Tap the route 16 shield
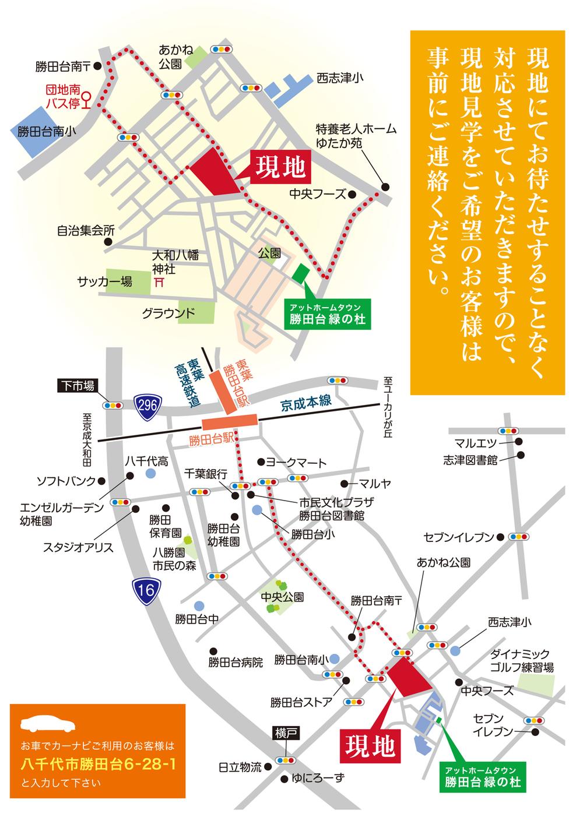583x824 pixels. pyautogui.click(x=146, y=590)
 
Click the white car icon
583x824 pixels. pyautogui.click(x=48, y=724)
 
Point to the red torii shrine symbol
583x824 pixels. pyautogui.click(x=159, y=281)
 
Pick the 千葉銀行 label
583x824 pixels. pyautogui.click(x=205, y=474)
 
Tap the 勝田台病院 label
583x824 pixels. pyautogui.click(x=236, y=662)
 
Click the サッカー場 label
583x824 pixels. pyautogui.click(x=105, y=282)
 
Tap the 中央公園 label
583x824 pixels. pyautogui.click(x=282, y=597)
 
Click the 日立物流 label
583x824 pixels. pyautogui.click(x=240, y=767)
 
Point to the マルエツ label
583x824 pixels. pyautogui.click(x=476, y=442)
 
